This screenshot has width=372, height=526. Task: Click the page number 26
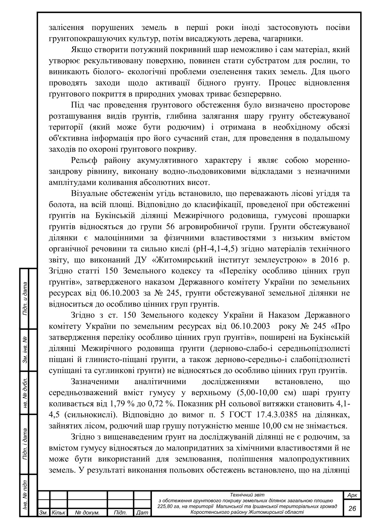pos(352,508)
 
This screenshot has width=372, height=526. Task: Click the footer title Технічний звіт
pos(247,495)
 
